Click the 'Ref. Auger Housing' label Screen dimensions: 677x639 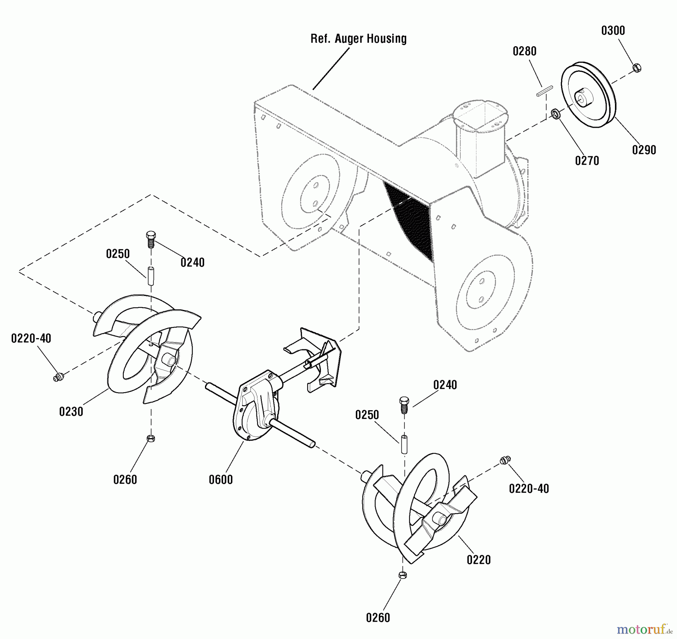(358, 39)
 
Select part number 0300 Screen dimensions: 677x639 (613, 31)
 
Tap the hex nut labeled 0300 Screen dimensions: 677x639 (637, 68)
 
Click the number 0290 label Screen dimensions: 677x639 (644, 150)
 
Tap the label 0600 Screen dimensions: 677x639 (221, 480)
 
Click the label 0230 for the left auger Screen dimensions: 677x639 (71, 412)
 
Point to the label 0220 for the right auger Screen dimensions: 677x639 (479, 560)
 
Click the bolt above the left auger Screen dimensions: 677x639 (150, 240)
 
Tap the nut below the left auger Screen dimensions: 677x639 (151, 438)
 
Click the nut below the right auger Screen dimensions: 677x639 (402, 575)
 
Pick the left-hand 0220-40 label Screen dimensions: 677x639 (31, 338)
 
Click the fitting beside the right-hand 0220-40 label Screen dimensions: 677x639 (505, 460)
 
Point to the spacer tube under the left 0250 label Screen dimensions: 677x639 (151, 276)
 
